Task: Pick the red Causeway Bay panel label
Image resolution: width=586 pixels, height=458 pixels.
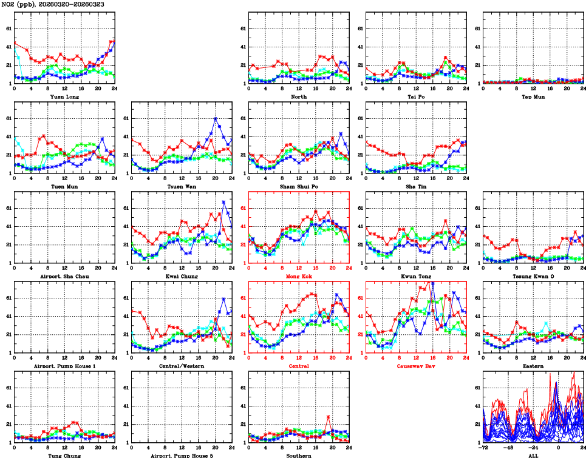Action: click(x=415, y=366)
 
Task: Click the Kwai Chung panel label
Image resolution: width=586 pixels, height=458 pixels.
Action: click(x=181, y=277)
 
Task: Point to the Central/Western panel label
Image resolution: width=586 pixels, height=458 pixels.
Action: click(x=181, y=366)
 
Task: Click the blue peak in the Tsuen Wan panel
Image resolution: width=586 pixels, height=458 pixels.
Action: click(x=216, y=118)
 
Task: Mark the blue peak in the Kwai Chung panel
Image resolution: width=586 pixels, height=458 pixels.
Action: click(x=223, y=201)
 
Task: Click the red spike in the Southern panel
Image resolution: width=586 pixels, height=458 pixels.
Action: click(x=329, y=416)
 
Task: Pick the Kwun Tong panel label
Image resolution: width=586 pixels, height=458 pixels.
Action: click(x=415, y=277)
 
